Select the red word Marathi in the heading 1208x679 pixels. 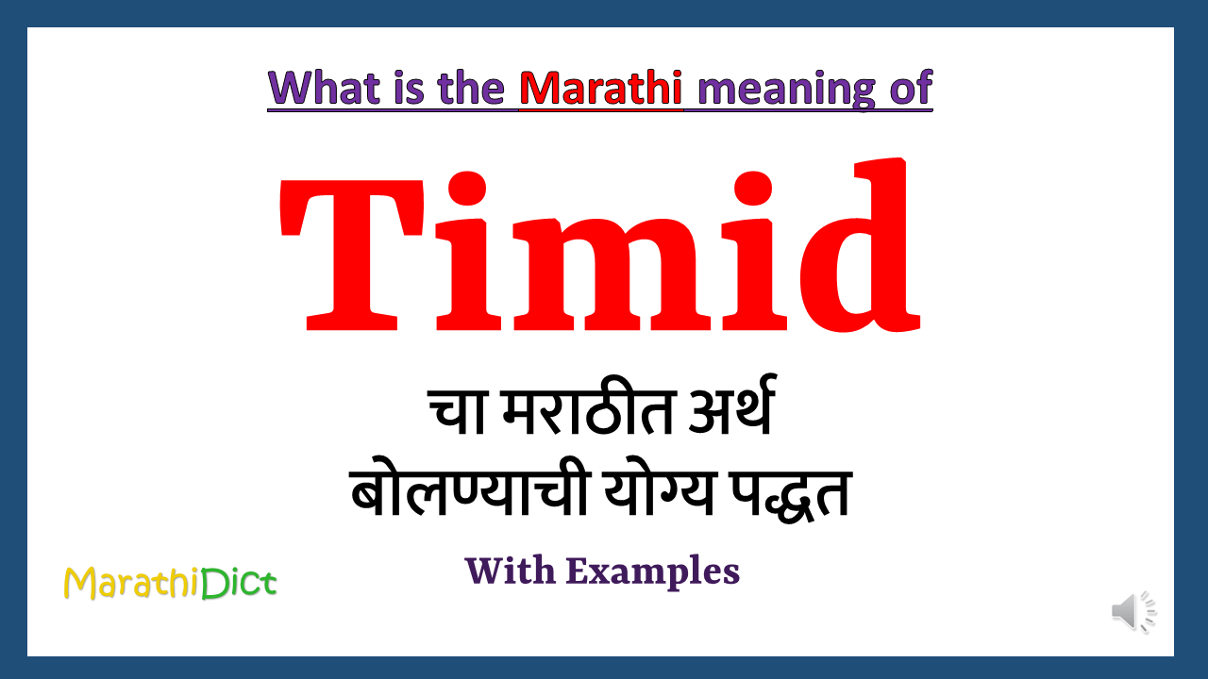(601, 89)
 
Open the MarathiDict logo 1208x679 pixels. (170, 584)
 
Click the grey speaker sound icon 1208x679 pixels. (1132, 612)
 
